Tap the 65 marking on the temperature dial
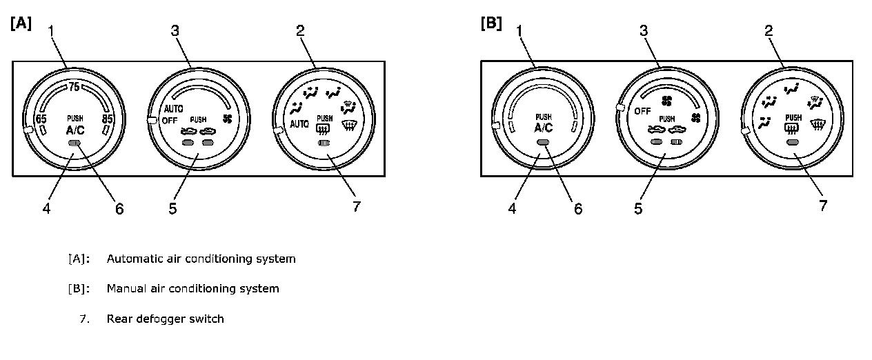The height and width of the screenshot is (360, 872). tap(41, 118)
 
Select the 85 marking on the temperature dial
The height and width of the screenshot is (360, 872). tap(107, 118)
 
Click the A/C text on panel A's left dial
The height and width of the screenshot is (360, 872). tap(75, 130)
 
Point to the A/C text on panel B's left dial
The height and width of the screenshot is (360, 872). tap(544, 128)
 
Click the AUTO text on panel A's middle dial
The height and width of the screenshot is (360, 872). tap(173, 109)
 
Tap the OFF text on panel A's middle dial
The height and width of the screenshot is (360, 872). tap(171, 120)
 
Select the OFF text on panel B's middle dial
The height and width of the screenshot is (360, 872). tap(643, 111)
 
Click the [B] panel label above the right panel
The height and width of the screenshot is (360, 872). tap(490, 23)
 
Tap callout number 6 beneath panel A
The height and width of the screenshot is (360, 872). tap(119, 208)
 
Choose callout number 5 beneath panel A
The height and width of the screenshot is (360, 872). tap(172, 208)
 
